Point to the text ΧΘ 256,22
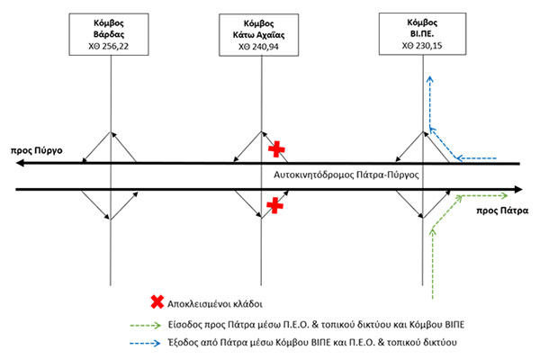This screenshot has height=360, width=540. [x=110, y=44]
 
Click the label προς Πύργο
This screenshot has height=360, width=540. [x=37, y=150]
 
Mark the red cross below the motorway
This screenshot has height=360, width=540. [x=275, y=207]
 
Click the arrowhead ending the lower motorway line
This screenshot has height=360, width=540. [x=518, y=190]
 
